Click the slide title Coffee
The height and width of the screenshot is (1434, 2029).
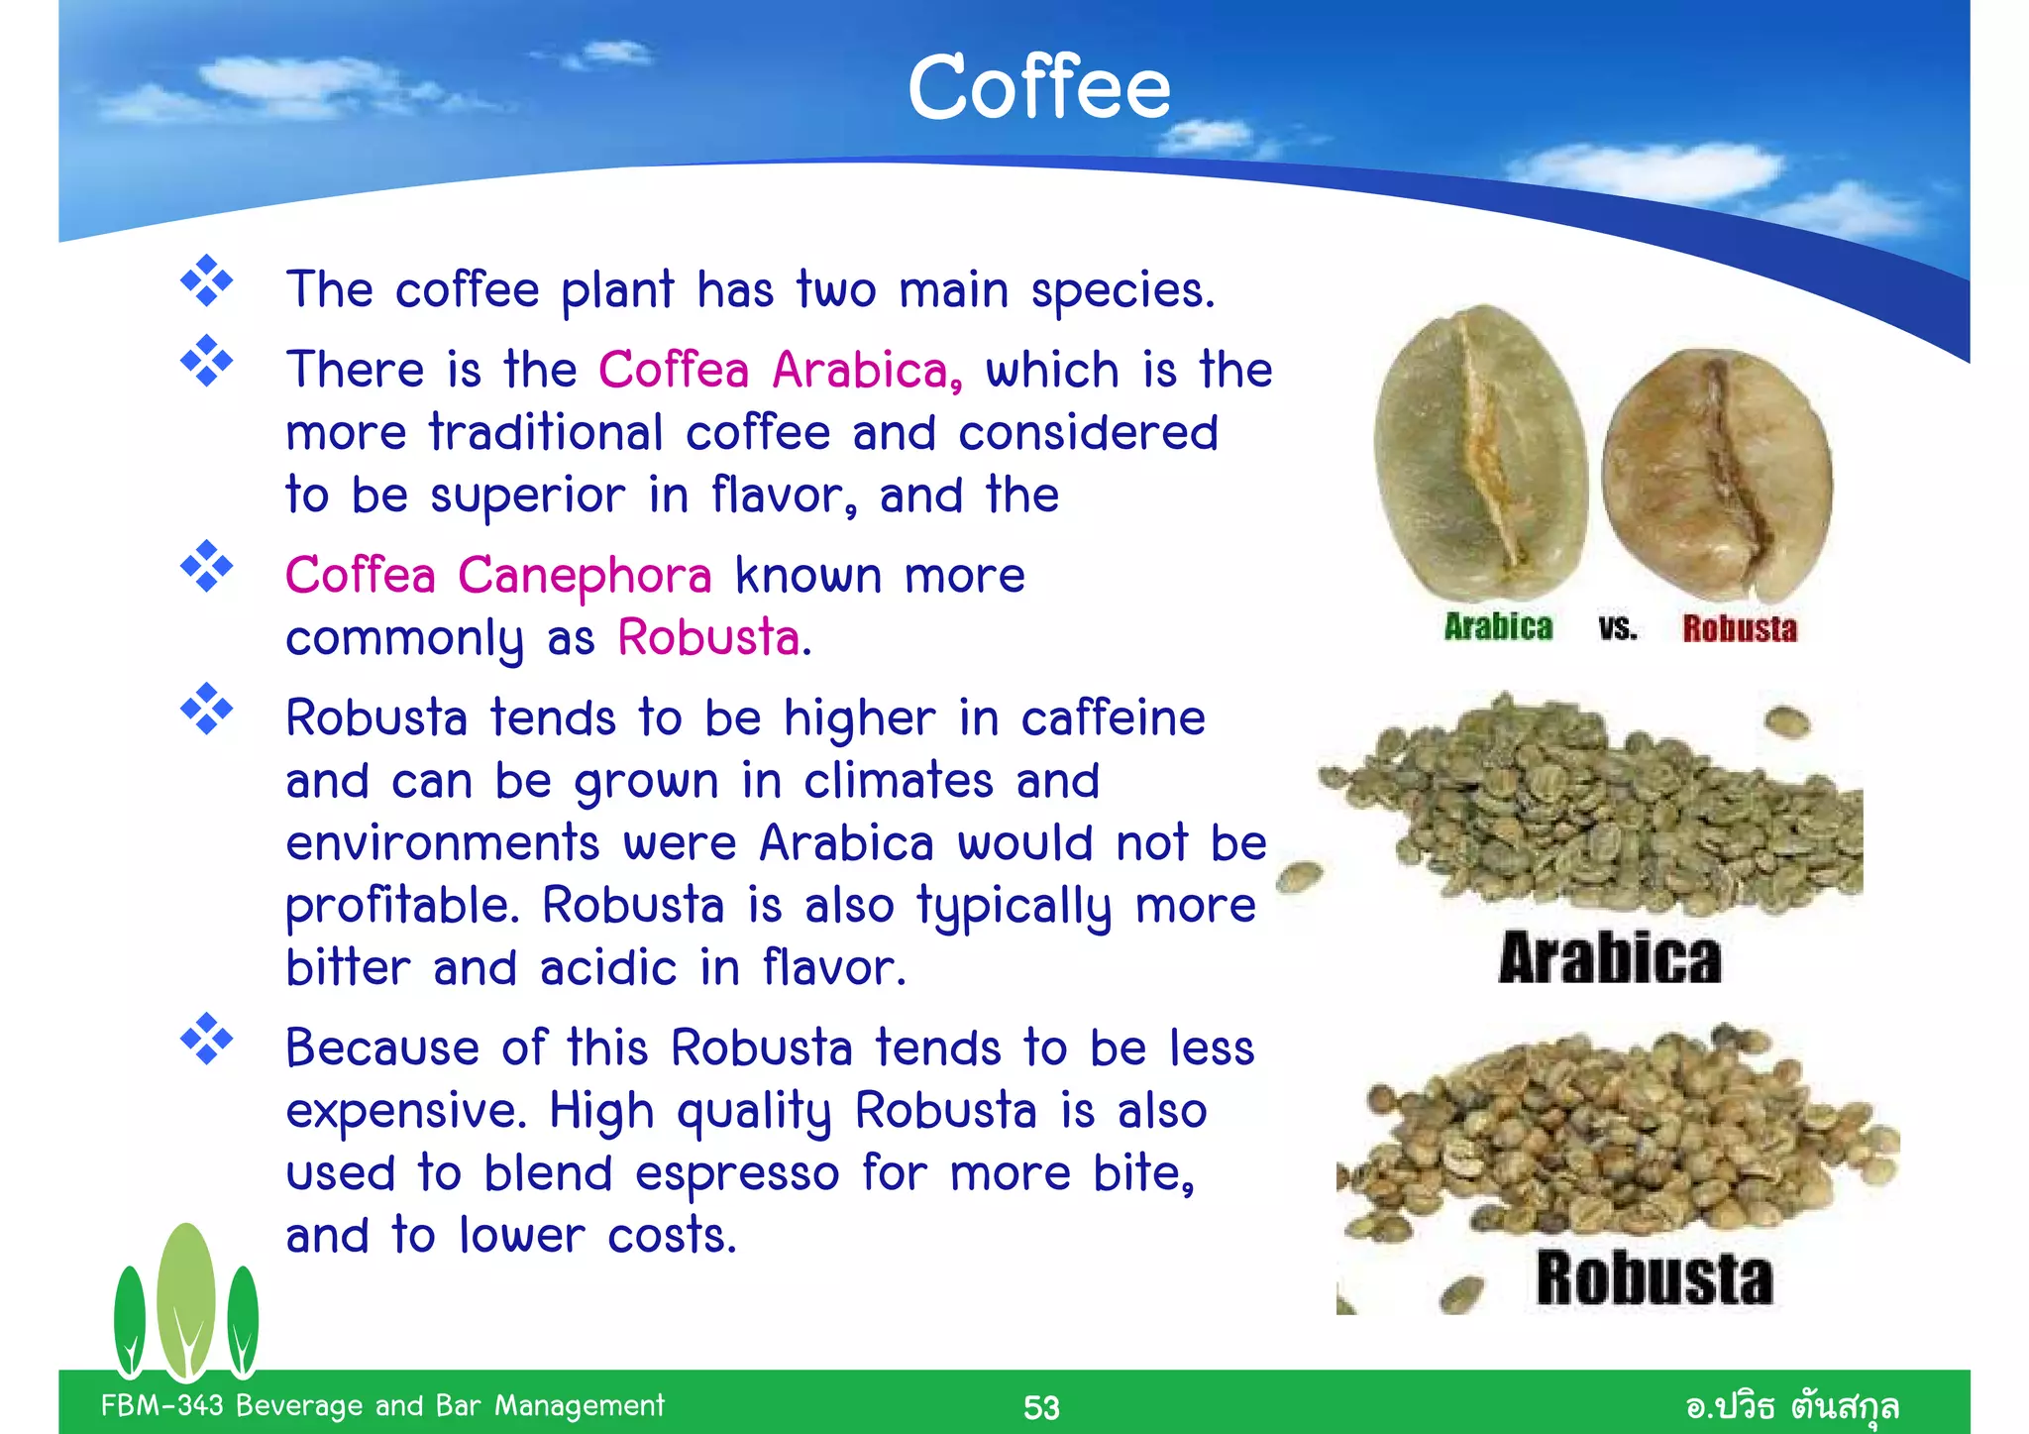[x=1038, y=88]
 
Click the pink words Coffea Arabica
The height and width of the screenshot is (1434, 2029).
[x=779, y=371]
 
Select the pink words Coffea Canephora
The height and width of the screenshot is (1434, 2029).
[x=498, y=576]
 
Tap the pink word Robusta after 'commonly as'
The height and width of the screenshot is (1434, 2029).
[x=709, y=637]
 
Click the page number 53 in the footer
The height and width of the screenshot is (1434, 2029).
[x=1040, y=1407]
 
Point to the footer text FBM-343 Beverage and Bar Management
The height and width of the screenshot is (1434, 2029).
[x=382, y=1405]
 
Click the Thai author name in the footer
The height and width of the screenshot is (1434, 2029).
[x=1791, y=1406]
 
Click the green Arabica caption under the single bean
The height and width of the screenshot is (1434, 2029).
[x=1497, y=627]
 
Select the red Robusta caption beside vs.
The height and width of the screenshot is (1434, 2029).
[x=1739, y=628]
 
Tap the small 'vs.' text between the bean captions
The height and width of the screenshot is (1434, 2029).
[x=1617, y=628]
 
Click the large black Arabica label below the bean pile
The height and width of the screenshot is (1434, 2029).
[x=1609, y=958]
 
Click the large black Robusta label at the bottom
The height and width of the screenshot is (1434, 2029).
[x=1654, y=1278]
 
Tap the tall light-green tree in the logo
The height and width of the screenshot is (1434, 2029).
[x=186, y=1298]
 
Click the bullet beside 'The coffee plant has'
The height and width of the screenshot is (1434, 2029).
[x=206, y=281]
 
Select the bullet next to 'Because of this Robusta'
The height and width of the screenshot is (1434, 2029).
[x=206, y=1040]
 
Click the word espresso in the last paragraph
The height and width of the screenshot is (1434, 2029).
[x=737, y=1174]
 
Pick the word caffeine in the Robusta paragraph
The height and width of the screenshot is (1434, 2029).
[x=1113, y=718]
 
